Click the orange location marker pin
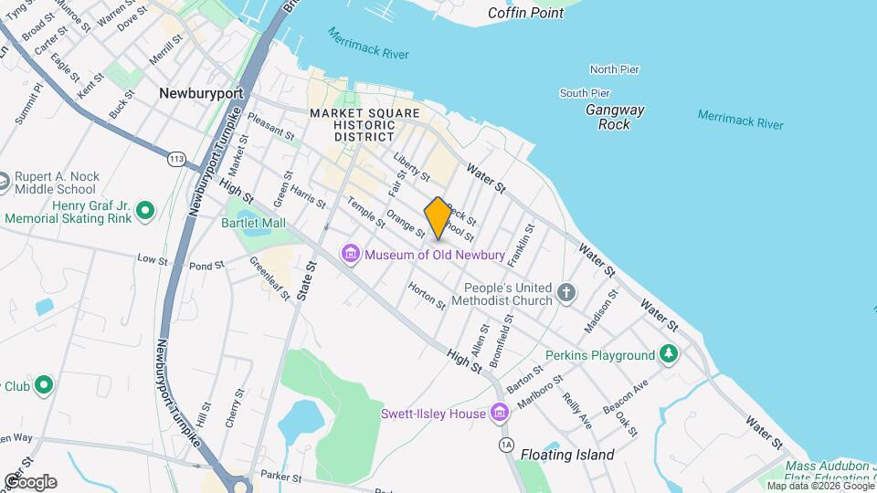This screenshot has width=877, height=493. click(438, 218)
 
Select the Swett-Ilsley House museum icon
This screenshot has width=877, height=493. click(499, 414)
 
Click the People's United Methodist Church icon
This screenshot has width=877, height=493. click(567, 293)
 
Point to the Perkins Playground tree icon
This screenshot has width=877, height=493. click(670, 354)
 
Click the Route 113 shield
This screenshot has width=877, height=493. click(176, 160)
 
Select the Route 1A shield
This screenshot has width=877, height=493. click(506, 445)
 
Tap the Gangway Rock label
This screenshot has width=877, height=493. click(615, 117)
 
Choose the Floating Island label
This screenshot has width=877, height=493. click(567, 454)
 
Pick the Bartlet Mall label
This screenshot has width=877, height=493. click(253, 223)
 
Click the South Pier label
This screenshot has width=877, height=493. click(585, 93)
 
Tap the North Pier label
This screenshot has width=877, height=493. click(614, 69)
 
